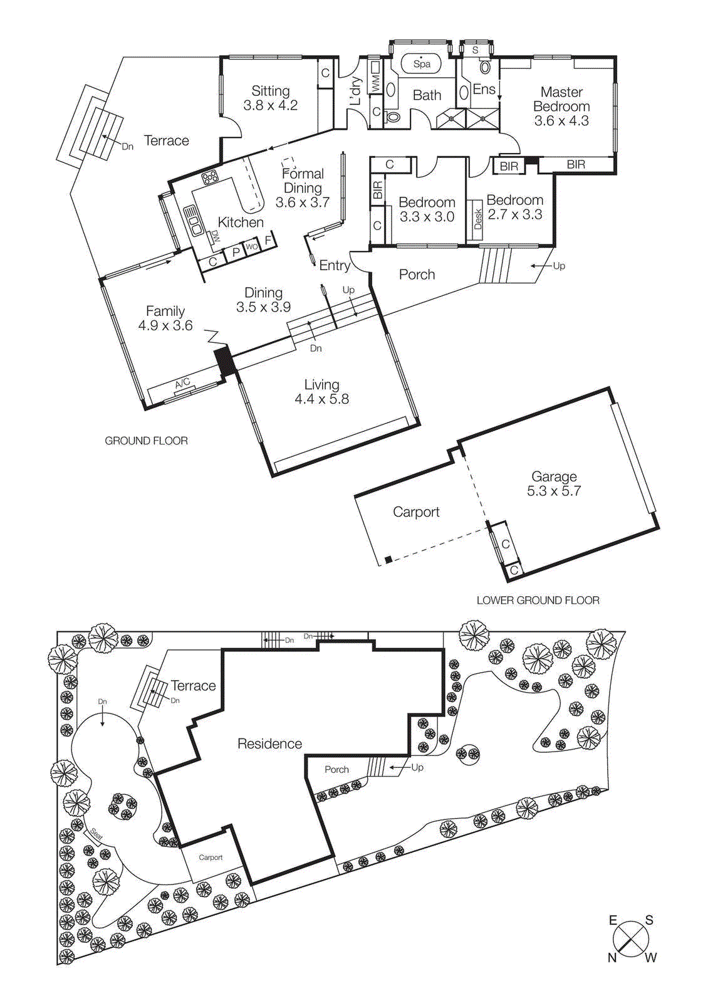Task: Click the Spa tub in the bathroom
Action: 422,63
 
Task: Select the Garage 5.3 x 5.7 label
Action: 554,483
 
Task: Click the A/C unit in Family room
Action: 182,384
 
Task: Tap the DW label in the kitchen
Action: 215,236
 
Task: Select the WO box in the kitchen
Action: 251,247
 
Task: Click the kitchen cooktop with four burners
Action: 209,178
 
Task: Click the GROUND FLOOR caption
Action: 146,441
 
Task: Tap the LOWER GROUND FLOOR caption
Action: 538,600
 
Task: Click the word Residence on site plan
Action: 269,743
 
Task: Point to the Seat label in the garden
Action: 96,834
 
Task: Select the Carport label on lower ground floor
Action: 416,512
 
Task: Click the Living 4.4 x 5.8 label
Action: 321,392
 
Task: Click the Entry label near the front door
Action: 335,265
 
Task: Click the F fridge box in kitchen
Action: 268,240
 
